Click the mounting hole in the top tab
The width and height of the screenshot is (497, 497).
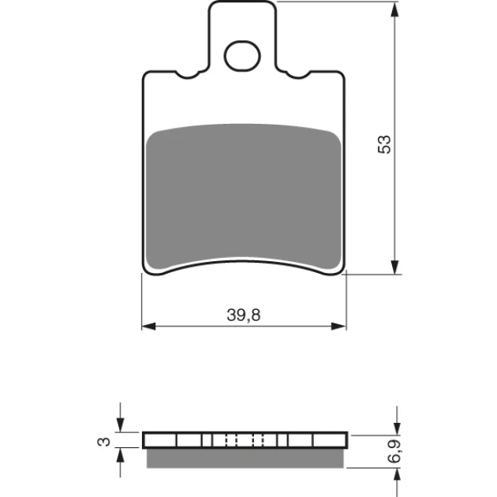tap(243, 56)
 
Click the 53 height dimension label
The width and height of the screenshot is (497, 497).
tap(384, 144)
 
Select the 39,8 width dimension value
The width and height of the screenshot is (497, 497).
tap(244, 315)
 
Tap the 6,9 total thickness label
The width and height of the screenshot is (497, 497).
tap(395, 451)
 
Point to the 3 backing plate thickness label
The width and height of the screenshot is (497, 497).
tap(103, 441)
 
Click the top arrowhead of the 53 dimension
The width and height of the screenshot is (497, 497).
tap(394, 9)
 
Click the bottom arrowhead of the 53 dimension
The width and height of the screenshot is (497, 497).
tap(394, 267)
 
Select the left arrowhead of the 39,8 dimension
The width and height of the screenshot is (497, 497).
tap(148, 326)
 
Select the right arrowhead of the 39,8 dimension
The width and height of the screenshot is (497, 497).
tap(338, 326)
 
